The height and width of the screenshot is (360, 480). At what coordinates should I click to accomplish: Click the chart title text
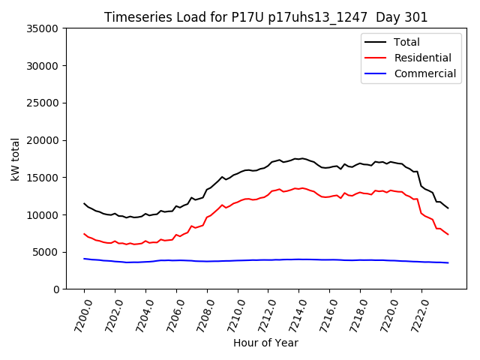tap(265, 17)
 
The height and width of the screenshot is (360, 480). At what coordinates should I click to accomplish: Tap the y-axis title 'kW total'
tap(15, 159)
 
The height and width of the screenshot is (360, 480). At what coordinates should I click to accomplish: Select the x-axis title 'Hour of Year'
tap(265, 343)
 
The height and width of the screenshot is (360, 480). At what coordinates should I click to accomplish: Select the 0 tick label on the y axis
tap(56, 289)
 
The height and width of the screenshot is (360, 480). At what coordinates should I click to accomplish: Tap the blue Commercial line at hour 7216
tap(329, 259)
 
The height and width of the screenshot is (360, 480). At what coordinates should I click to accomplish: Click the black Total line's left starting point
tap(84, 203)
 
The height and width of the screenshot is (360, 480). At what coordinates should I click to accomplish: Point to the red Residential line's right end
tap(448, 235)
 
